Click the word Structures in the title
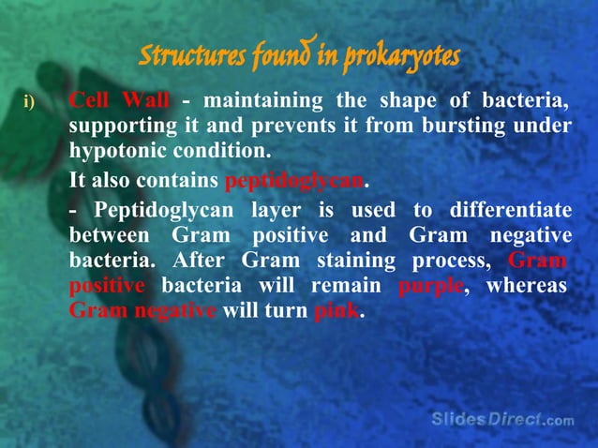[x=190, y=57]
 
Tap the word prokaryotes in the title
[x=403, y=57]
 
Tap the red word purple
[x=430, y=285]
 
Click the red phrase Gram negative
[x=143, y=310]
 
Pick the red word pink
[x=336, y=310]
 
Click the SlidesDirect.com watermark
[x=502, y=419]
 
